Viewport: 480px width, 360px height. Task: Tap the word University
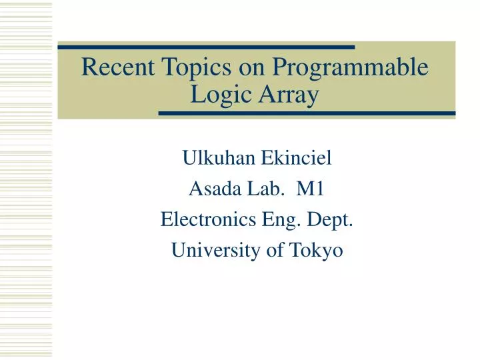[x=209, y=251]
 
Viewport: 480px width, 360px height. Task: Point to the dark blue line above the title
[x=206, y=47]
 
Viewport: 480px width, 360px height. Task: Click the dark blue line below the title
[x=307, y=113]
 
